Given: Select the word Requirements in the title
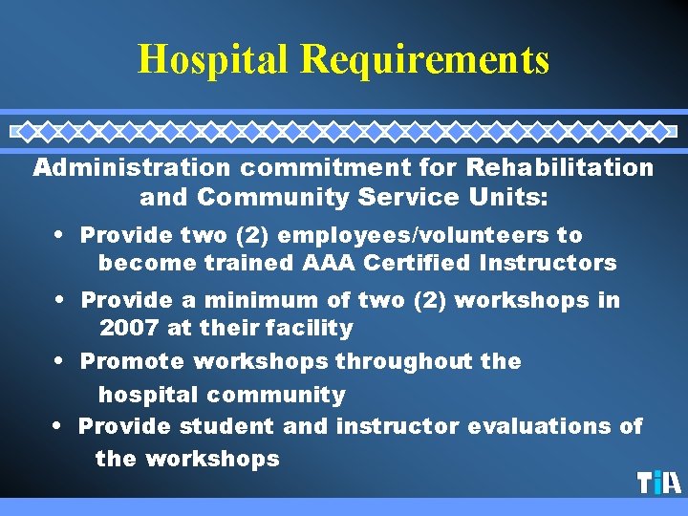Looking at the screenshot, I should pyautogui.click(x=424, y=59).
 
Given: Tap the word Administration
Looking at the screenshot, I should pyautogui.click(x=131, y=168).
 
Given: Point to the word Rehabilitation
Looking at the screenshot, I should pyautogui.click(x=560, y=168).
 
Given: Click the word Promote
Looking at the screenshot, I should pyautogui.click(x=133, y=362).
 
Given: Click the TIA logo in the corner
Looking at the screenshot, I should pyautogui.click(x=659, y=483).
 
